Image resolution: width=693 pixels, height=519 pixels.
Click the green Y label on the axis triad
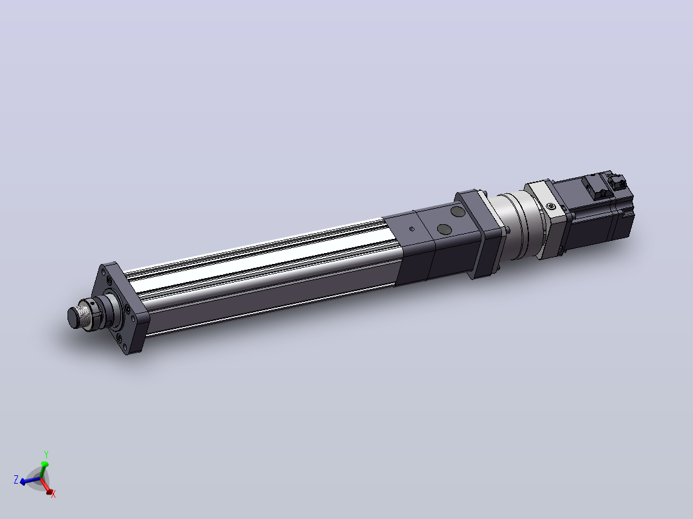click(46, 454)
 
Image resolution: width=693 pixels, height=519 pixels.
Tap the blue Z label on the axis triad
click(16, 480)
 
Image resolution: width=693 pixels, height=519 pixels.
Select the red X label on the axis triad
click(53, 495)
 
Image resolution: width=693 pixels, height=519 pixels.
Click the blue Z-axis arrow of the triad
click(30, 480)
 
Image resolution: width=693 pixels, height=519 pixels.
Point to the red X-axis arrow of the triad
click(46, 486)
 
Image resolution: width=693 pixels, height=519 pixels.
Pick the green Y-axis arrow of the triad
click(43, 470)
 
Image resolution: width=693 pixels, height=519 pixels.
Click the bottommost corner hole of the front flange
click(119, 339)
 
